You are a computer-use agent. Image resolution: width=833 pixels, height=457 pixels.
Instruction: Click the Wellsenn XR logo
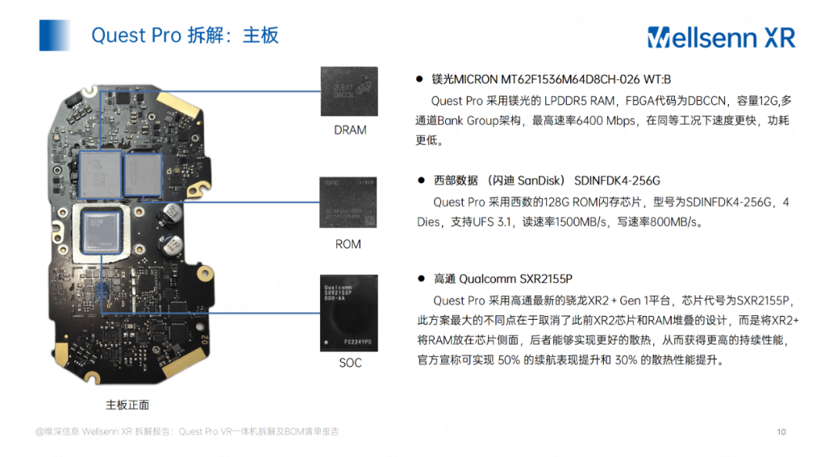720,36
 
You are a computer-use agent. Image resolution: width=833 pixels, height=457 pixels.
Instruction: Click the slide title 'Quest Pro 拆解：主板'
184,35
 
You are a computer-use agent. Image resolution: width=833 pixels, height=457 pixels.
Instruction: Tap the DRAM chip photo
350,91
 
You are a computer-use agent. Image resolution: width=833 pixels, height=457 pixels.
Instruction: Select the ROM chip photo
350,203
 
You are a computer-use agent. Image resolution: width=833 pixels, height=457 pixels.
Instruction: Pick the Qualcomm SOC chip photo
350,313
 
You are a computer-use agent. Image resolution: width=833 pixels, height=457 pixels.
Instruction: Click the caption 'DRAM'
350,130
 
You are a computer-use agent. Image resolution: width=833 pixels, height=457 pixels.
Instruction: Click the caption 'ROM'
349,244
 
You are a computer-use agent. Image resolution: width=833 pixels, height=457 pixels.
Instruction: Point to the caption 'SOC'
350,362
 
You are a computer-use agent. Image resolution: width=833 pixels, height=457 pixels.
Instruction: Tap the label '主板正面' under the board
127,404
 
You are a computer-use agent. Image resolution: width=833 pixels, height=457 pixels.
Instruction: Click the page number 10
781,432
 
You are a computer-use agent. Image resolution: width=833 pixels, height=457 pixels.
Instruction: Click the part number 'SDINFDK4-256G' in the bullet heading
617,180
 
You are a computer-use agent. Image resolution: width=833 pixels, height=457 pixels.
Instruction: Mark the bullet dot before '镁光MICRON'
420,79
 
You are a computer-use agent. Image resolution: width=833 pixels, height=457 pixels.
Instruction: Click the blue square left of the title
56,35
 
